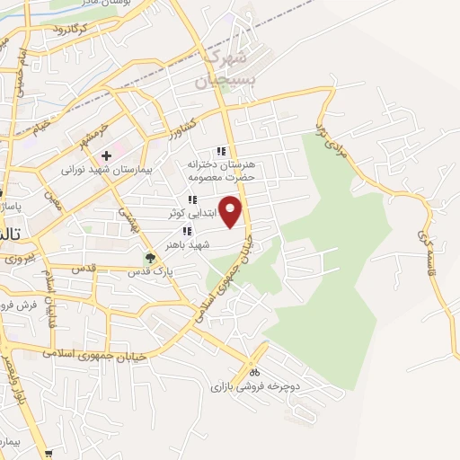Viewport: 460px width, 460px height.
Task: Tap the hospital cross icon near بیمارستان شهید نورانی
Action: pyautogui.click(x=106, y=155)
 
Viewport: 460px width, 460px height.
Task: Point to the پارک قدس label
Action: pyautogui.click(x=149, y=270)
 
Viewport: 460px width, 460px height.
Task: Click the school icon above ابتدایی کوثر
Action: pyautogui.click(x=191, y=199)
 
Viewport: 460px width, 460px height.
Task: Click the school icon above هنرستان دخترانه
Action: pyautogui.click(x=220, y=151)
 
